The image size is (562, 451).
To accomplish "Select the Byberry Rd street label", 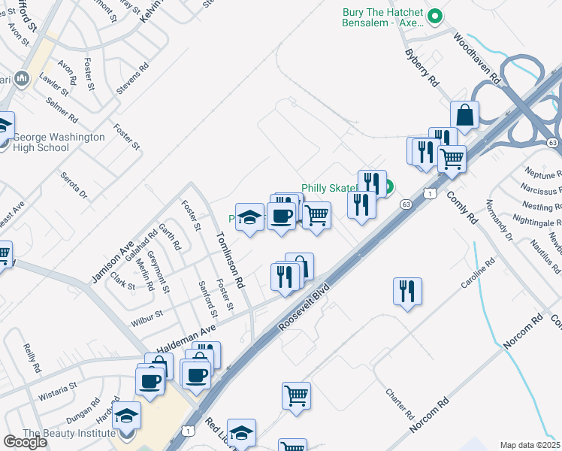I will (x=421, y=68).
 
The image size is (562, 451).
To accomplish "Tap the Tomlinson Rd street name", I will (x=230, y=259).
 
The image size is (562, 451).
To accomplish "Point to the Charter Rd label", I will (x=400, y=404).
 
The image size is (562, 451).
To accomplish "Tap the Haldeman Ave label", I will (x=186, y=338).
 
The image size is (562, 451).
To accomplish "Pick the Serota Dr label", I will (x=74, y=186).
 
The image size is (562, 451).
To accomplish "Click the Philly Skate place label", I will (x=329, y=188).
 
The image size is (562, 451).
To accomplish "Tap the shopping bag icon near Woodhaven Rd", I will (x=465, y=116).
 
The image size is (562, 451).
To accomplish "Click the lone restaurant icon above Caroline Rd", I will (x=407, y=291).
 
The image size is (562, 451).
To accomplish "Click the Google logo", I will (x=25, y=441).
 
